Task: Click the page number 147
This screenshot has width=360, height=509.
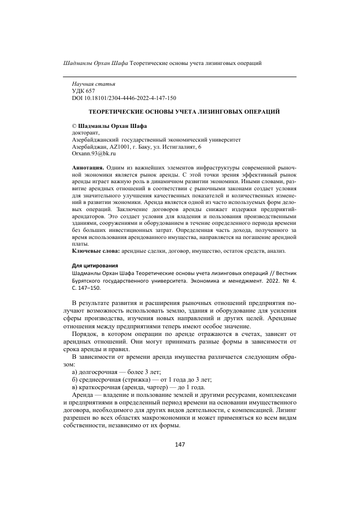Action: coord(180,445)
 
